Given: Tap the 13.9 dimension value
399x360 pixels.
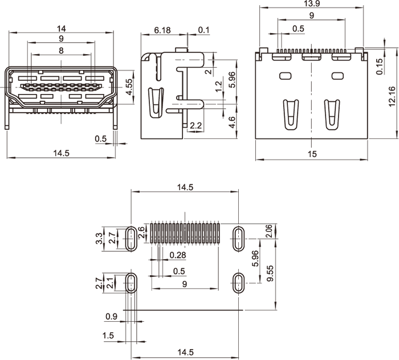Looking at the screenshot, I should (x=311, y=4).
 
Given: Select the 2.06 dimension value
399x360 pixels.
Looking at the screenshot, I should (x=269, y=230).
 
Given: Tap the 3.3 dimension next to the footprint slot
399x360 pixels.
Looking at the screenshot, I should (x=99, y=238).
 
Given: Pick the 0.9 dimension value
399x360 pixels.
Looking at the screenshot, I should (x=112, y=316).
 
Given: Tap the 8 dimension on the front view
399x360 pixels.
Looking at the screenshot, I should (x=61, y=51).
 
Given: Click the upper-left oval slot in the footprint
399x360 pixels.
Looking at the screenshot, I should (x=131, y=238).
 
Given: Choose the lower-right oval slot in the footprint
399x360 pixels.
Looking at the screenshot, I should (x=238, y=282).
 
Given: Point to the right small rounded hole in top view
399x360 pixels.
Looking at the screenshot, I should (x=337, y=75).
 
